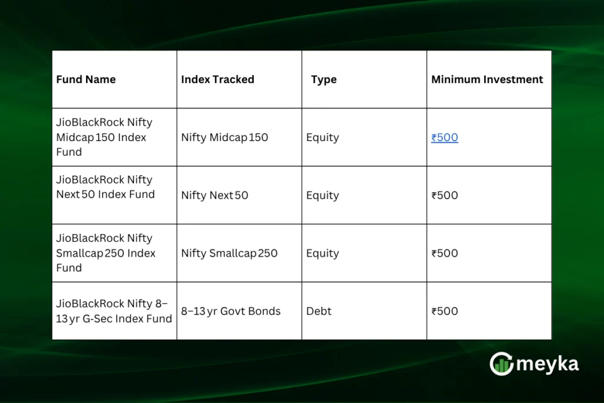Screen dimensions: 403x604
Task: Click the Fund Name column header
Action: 86,80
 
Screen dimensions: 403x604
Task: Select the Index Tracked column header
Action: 218,80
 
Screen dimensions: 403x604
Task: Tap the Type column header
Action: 324,80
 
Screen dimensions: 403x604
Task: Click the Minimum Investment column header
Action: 487,80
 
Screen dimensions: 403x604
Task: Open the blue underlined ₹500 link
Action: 445,137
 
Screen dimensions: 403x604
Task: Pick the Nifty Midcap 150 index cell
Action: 225,137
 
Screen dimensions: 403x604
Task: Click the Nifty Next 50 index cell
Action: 215,195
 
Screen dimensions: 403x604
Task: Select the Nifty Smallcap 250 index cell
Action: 229,253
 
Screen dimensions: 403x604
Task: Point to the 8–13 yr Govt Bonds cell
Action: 231,311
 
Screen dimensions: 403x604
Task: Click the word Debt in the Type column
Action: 319,311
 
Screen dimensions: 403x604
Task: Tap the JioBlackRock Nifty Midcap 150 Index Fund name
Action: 104,137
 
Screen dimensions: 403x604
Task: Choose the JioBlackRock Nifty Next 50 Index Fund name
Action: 106,187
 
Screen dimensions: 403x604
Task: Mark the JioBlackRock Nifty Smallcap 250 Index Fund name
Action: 106,253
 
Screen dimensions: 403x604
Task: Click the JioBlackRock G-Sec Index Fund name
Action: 114,311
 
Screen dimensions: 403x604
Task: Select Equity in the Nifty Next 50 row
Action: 323,195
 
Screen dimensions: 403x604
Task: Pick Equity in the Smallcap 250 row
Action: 323,253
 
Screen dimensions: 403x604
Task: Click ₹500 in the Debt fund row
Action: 445,311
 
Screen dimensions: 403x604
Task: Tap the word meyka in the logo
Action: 547,364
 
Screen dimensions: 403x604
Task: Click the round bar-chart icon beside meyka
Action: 501,364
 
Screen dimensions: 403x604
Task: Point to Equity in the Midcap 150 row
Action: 323,137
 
